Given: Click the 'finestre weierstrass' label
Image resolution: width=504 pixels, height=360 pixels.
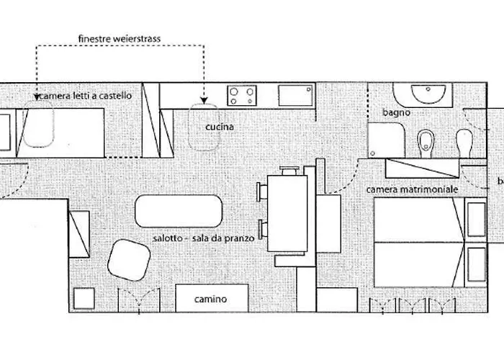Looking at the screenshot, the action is click(x=120, y=39).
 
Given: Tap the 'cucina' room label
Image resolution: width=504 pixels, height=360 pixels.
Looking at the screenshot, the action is click(x=220, y=127).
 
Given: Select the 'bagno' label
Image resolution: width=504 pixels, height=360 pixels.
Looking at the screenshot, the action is click(x=396, y=112).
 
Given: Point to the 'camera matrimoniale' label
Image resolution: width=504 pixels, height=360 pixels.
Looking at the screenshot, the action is click(x=412, y=189).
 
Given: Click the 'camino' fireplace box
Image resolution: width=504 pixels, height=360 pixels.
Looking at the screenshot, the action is click(x=212, y=298).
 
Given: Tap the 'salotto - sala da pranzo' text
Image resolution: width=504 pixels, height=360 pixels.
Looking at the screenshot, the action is click(x=204, y=238).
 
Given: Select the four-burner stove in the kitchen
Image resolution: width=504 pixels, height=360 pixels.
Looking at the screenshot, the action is click(x=242, y=96).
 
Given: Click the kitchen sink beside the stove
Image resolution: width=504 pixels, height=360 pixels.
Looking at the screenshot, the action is click(x=295, y=95).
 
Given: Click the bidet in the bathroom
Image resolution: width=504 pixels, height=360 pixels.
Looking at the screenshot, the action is click(x=426, y=144).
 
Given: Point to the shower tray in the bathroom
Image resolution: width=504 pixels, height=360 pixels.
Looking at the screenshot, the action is click(x=386, y=140).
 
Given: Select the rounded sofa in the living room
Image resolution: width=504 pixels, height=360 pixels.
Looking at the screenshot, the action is click(x=179, y=211).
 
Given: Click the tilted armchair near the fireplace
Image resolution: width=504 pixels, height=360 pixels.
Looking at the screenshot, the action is click(x=129, y=260).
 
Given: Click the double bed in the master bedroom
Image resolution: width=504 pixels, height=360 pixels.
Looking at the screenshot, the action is click(x=419, y=242).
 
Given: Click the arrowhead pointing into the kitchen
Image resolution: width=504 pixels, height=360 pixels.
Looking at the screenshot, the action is click(x=204, y=101).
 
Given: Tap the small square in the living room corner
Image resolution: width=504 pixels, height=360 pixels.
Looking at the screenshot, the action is click(x=84, y=299).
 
